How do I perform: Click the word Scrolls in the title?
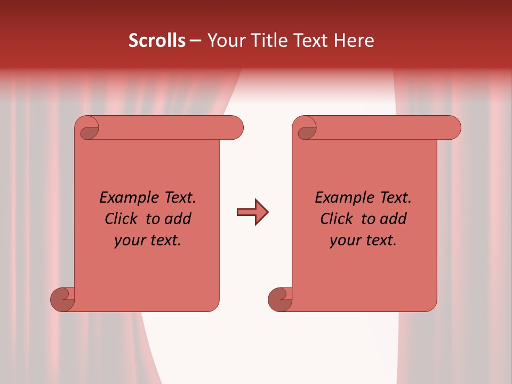click(x=157, y=41)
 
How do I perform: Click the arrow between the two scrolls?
click(x=252, y=212)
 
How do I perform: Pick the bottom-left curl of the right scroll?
click(x=281, y=299)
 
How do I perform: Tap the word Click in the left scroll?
click(x=123, y=219)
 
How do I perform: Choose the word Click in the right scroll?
click(x=338, y=219)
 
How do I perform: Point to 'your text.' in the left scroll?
click(x=148, y=241)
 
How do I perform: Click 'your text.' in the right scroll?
click(x=363, y=241)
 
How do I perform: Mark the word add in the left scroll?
click(x=178, y=219)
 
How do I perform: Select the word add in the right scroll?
click(x=394, y=219)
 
